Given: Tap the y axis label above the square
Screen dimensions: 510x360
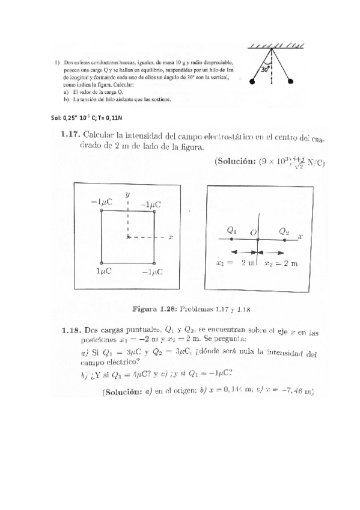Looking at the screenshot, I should pyautogui.click(x=127, y=194).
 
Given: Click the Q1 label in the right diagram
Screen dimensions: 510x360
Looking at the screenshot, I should pyautogui.click(x=233, y=230).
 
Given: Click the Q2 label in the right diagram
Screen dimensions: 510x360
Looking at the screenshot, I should pyautogui.click(x=284, y=230).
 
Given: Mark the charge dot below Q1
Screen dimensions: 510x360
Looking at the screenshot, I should pyautogui.click(x=232, y=239).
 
